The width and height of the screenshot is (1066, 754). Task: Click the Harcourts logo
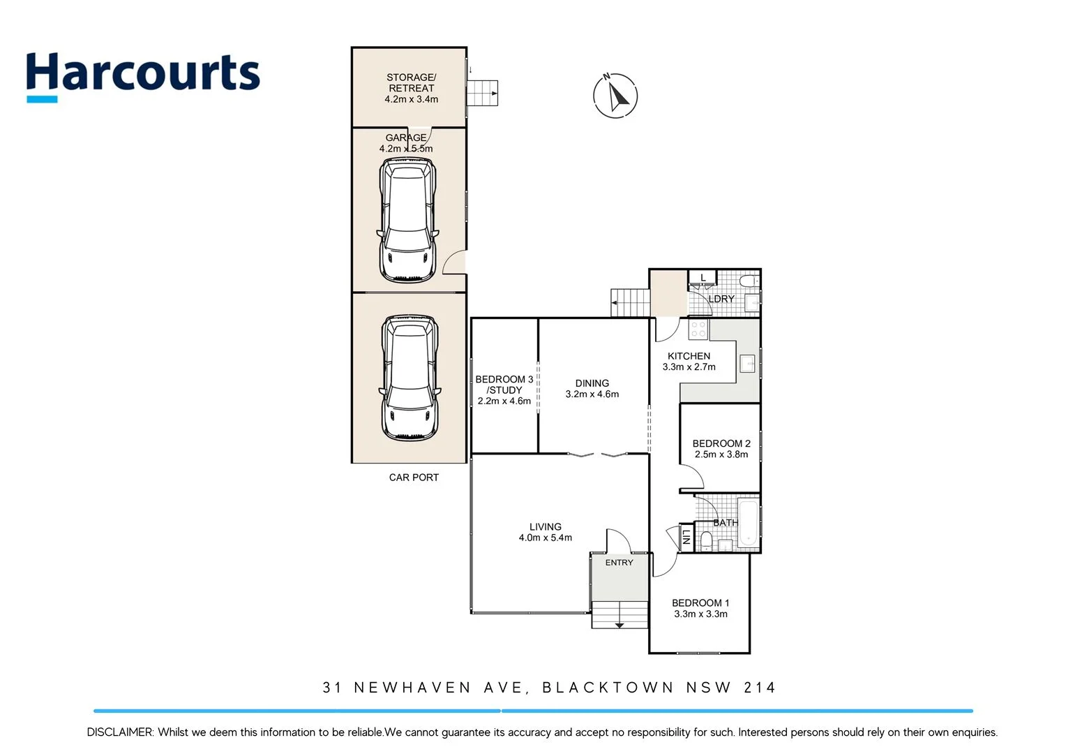point(143,75)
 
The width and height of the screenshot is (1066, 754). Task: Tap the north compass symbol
point(615,96)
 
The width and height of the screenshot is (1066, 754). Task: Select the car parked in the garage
point(407,219)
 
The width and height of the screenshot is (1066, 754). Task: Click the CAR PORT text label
point(414,478)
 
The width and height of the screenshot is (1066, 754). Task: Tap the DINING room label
point(592,383)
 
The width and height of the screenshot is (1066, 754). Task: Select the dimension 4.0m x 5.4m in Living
point(545,538)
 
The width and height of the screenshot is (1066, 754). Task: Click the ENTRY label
point(619,563)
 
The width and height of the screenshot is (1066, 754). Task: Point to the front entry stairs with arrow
point(620,615)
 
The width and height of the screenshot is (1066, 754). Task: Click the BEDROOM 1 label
point(700,603)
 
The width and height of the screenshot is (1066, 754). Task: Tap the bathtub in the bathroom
point(747,522)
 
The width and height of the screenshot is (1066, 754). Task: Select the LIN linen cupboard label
point(686,536)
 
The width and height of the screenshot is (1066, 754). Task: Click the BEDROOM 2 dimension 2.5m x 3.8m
point(721,454)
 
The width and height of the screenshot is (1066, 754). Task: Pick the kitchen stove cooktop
point(698,330)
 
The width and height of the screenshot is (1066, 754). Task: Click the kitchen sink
point(747,364)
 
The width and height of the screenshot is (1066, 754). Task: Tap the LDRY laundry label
point(721,299)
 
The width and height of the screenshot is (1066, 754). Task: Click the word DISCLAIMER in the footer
point(119,732)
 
